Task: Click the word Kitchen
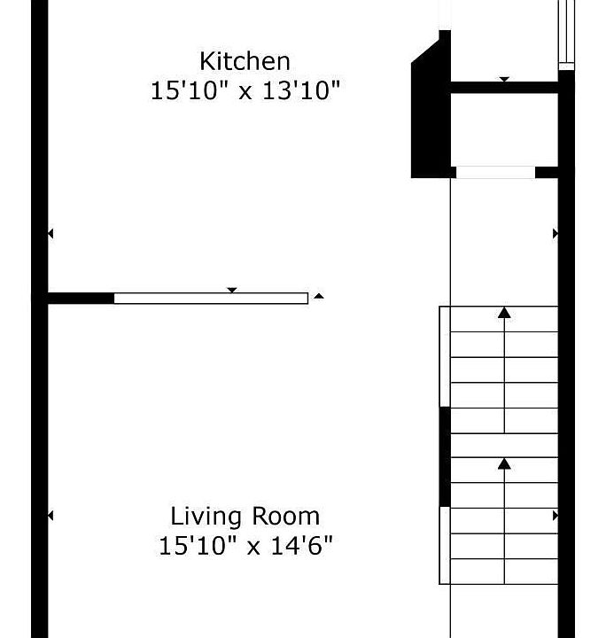click(245, 61)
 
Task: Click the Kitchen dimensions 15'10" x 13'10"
click(245, 90)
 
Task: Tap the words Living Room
click(245, 517)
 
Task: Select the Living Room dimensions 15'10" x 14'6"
click(245, 546)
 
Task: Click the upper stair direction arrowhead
click(504, 313)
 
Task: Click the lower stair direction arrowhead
click(504, 463)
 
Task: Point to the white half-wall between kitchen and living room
click(211, 299)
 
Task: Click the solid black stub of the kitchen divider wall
click(81, 299)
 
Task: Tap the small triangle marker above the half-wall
click(232, 290)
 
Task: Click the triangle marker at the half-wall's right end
click(319, 296)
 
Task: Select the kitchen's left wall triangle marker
click(50, 234)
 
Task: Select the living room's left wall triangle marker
click(50, 516)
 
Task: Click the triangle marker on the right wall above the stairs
click(555, 234)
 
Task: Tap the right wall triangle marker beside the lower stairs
click(555, 516)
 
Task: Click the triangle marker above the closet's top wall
click(504, 80)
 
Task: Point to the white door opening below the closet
click(495, 172)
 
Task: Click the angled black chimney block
click(431, 105)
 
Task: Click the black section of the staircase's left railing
click(445, 457)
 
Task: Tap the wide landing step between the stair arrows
click(504, 446)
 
